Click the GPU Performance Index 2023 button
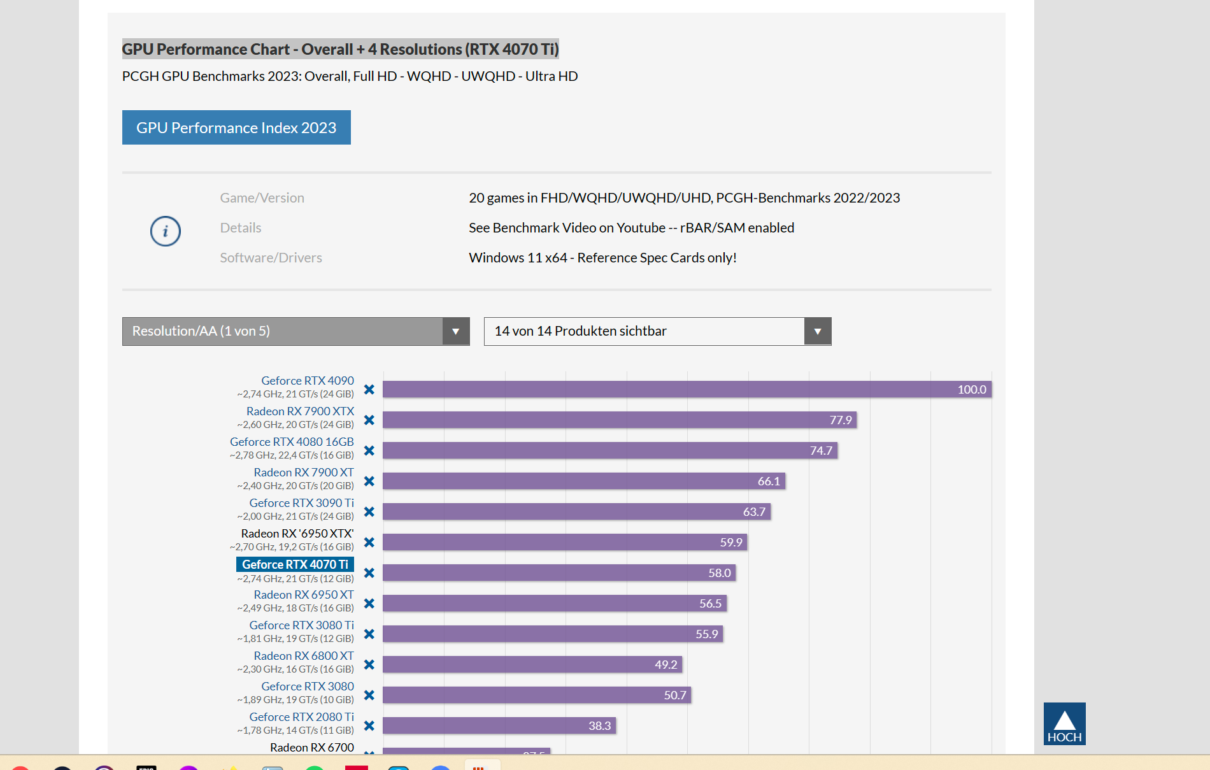236,127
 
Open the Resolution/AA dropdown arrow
456,331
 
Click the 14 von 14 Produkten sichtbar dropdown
657,331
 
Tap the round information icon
166,231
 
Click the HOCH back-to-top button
1064,724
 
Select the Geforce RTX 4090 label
308,380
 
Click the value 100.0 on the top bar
972,390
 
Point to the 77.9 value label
841,420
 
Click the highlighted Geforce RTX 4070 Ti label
295,564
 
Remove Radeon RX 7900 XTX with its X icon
369,420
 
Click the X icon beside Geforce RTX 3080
369,695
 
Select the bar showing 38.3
499,726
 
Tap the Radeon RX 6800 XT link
304,655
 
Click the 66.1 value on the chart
769,481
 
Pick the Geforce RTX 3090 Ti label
301,503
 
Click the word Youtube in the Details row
641,228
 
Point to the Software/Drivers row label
271,258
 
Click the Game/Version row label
262,198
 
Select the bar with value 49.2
532,665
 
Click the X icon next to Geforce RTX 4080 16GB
369,451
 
